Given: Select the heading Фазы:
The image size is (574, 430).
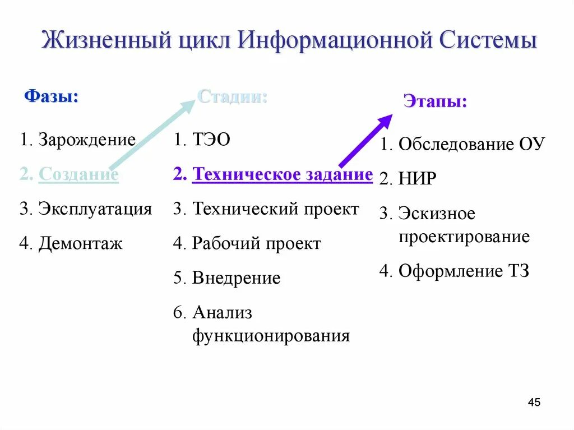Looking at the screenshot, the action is pos(51,96).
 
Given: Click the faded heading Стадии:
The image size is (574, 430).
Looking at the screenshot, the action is pos(232,96).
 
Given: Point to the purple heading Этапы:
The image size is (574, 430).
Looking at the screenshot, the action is pos(435,102).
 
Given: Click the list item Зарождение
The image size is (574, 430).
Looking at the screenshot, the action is pos(87,139).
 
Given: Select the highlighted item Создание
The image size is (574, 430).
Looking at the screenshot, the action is pos(78,174).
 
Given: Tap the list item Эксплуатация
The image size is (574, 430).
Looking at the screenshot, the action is pos(95,209).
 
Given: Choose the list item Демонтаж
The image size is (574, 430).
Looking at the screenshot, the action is pos(80,243).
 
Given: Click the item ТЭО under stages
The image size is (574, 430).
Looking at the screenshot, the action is pos(211,140).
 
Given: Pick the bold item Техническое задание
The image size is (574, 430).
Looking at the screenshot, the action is pos(282,174).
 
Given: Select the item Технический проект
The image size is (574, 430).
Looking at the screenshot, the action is pos(275,209).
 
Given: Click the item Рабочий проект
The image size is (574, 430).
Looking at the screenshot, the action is pos(256,243).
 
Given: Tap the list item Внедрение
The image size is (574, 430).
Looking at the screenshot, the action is pos(236,278).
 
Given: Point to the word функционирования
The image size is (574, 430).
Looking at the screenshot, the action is pos(271,336).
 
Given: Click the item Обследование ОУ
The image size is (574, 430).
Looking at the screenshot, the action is pos(471,144).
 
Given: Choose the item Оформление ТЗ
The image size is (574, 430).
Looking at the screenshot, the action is pos(464,271).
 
